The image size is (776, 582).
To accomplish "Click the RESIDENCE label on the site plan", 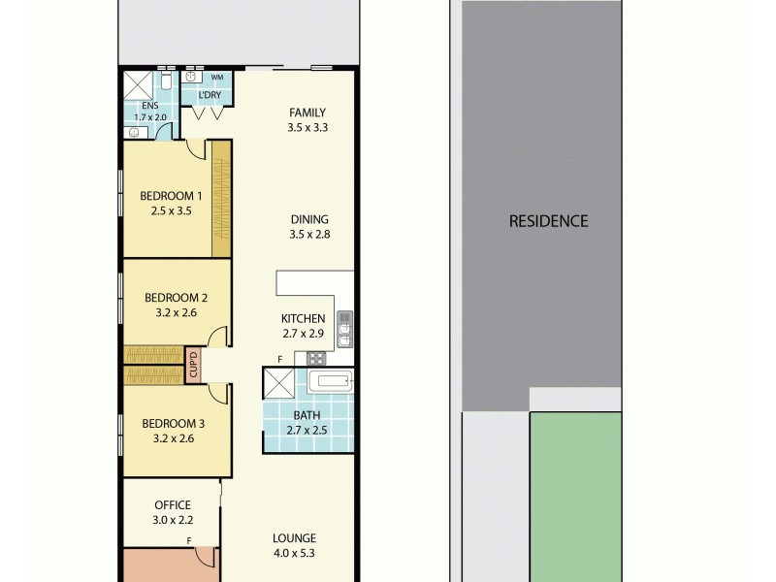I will [x=548, y=220].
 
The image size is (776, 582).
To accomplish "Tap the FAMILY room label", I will [x=307, y=112].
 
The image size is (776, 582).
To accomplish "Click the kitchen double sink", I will [x=344, y=328].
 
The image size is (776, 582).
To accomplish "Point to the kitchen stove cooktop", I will [x=317, y=359].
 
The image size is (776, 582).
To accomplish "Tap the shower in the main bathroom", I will [x=277, y=384].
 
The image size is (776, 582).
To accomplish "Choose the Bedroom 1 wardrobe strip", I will [x=222, y=199].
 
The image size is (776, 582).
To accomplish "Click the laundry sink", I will [x=192, y=77].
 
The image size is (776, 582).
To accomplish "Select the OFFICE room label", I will [x=173, y=504].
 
